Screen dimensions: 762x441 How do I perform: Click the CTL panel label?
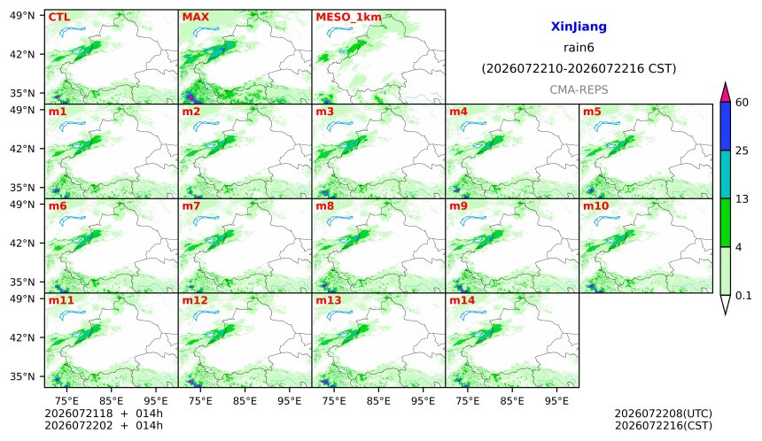pyautogui.click(x=59, y=17)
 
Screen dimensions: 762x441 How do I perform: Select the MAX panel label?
pyautogui.click(x=195, y=17)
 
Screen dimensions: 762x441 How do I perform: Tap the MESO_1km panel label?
pyautogui.click(x=348, y=17)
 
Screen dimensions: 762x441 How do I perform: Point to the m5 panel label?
pyautogui.click(x=592, y=112)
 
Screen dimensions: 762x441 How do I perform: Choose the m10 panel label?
pyautogui.click(x=595, y=206)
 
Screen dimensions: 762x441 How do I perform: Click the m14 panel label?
pyautogui.click(x=463, y=300)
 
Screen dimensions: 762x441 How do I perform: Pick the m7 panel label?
pyautogui.click(x=191, y=206)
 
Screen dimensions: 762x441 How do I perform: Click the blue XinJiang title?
pyautogui.click(x=579, y=27)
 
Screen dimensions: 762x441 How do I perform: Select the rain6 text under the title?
pyautogui.click(x=579, y=48)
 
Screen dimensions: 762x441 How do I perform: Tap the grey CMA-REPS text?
pyautogui.click(x=579, y=89)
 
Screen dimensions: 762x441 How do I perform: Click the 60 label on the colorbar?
pyautogui.click(x=743, y=103)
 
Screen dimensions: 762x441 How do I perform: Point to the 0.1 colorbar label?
pyautogui.click(x=743, y=295)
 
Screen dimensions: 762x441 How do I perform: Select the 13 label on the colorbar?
pyautogui.click(x=742, y=199)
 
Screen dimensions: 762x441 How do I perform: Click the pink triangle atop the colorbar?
pyautogui.click(x=725, y=93)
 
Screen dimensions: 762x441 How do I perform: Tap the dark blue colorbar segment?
pyautogui.click(x=725, y=127)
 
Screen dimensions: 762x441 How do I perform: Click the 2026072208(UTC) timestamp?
pyautogui.click(x=664, y=414)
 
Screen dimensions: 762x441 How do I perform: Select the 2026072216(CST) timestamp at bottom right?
pyautogui.click(x=664, y=426)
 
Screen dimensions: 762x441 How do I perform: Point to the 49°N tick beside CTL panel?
pyautogui.click(x=22, y=16)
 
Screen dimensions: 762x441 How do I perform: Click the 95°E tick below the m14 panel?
pyautogui.click(x=556, y=401)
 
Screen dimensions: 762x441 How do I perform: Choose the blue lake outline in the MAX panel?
pyautogui.click(x=206, y=32)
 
